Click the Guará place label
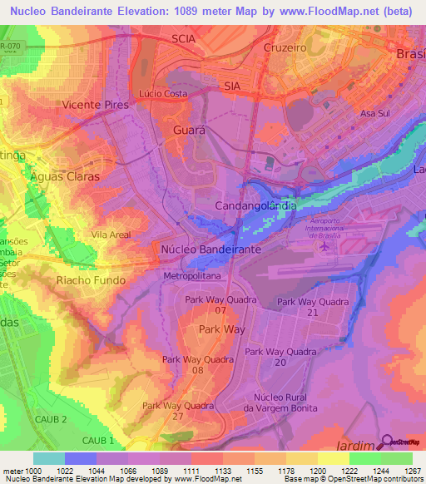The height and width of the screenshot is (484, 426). (190, 131)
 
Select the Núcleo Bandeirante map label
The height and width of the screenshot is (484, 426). (211, 249)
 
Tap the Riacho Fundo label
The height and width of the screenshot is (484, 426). (91, 280)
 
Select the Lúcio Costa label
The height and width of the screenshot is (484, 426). (163, 94)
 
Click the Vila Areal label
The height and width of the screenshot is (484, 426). (111, 235)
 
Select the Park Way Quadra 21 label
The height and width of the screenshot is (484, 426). (313, 307)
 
